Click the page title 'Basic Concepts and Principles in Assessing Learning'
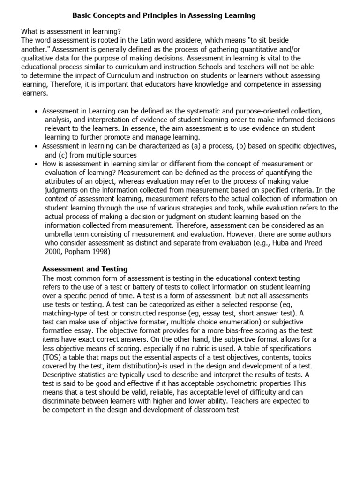click(x=164, y=15)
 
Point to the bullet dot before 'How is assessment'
click(x=37, y=164)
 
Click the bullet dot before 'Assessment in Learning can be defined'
click(x=37, y=111)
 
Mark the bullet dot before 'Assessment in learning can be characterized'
click(x=37, y=146)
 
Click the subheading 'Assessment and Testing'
click(x=85, y=269)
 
